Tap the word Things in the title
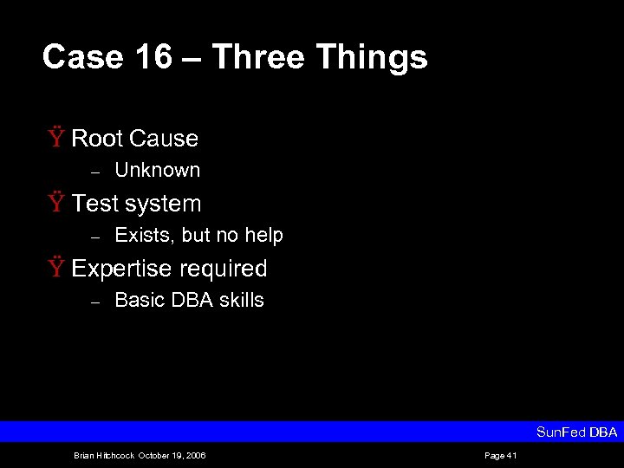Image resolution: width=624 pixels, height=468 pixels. (372, 57)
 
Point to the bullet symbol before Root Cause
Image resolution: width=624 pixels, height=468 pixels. (55, 138)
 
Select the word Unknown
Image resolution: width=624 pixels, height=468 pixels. (157, 170)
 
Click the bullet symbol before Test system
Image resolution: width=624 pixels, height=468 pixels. (55, 203)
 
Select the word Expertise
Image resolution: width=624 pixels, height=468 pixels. (120, 269)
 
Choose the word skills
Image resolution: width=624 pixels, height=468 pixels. (243, 300)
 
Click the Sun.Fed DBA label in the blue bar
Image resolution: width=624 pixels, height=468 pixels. (576, 432)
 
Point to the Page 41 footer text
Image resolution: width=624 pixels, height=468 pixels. (500, 456)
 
